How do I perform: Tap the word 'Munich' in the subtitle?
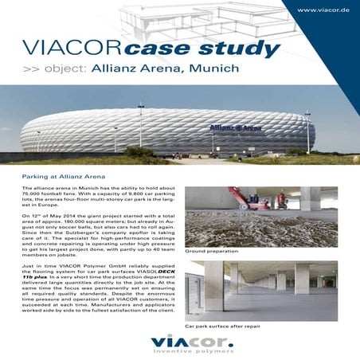[x=216, y=68]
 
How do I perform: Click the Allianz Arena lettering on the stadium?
[x=235, y=127]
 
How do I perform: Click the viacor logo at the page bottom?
[x=180, y=344]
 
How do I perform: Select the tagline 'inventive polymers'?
[x=181, y=354]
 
